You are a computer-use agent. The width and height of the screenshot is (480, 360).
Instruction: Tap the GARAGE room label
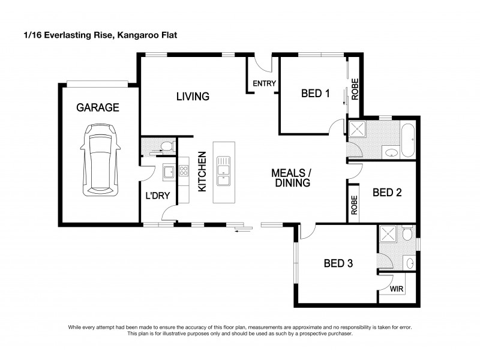point(97,108)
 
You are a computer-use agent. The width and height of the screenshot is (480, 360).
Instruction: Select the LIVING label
point(192,96)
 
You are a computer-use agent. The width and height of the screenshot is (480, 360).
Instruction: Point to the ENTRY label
point(263,83)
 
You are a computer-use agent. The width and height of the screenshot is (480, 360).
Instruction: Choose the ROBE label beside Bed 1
point(355,89)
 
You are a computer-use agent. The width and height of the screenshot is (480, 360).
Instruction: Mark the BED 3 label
point(338,263)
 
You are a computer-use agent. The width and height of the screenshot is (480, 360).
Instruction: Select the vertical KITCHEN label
point(202,172)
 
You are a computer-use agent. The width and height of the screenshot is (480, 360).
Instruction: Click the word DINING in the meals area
point(292,184)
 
